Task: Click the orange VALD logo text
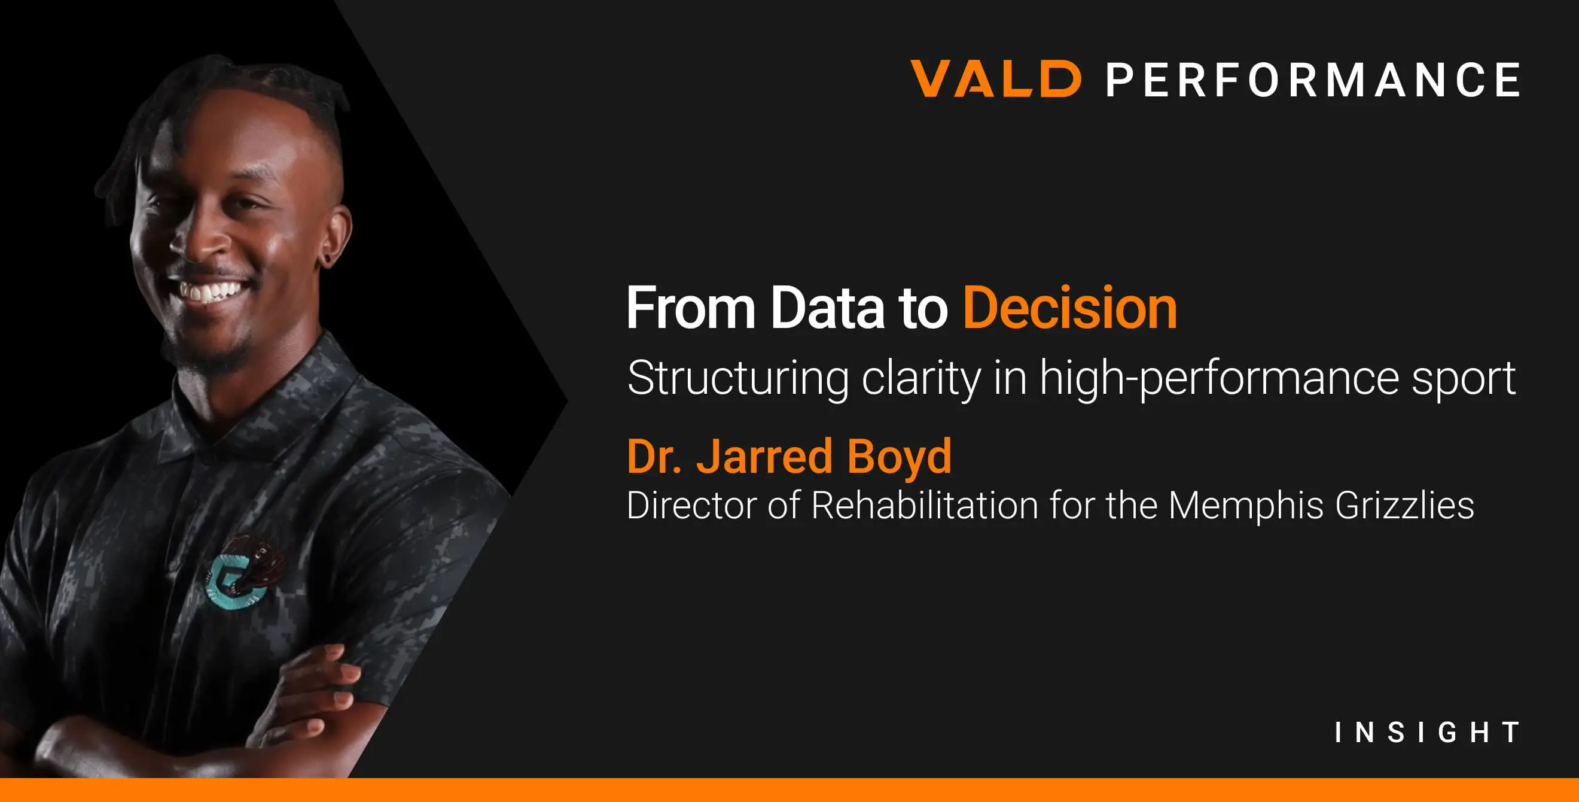(995, 78)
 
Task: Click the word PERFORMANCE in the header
(1312, 80)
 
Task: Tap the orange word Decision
(1069, 308)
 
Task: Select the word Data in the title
(827, 308)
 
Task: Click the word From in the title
(690, 308)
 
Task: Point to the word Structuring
(738, 379)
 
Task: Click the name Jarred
(764, 456)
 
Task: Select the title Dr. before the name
(653, 456)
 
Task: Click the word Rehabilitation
(924, 505)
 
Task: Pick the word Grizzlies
(1404, 506)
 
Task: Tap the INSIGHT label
(1427, 732)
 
